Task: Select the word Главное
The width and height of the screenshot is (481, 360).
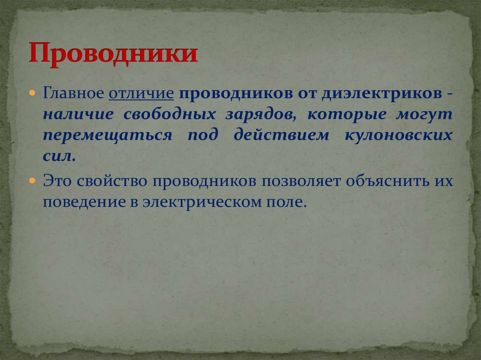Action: [x=73, y=93]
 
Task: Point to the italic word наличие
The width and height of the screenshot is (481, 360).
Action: [x=78, y=115]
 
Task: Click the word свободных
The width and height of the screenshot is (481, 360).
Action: [x=170, y=115]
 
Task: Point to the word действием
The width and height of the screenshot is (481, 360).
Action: [x=281, y=135]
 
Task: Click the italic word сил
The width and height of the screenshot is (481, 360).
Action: [x=59, y=157]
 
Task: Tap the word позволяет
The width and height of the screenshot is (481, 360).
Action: [x=301, y=181]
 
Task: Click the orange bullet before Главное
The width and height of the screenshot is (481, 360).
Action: [x=33, y=93]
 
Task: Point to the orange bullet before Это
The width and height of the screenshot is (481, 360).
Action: [x=33, y=181]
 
